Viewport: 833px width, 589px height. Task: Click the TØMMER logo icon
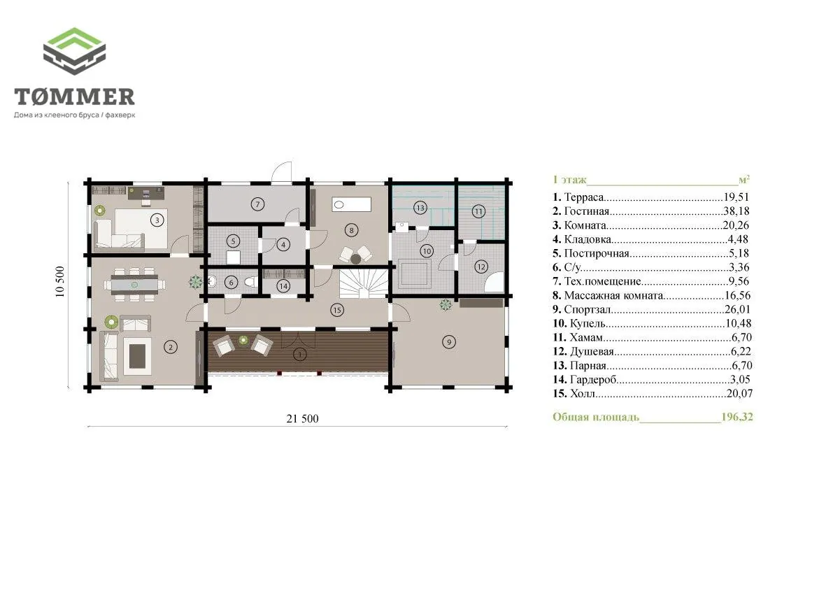coord(74,51)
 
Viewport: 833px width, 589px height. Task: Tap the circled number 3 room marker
coord(157,220)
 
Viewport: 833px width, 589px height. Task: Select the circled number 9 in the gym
coord(449,342)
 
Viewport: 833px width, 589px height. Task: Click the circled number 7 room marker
coord(257,204)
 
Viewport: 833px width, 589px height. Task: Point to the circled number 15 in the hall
coord(337,310)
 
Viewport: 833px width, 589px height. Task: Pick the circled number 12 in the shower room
coord(481,267)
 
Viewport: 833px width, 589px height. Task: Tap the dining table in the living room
coord(134,285)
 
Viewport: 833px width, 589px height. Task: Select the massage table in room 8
coord(351,204)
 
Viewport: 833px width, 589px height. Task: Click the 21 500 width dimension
coord(302,418)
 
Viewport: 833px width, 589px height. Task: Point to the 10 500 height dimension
coord(59,281)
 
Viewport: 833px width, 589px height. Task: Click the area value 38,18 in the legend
coord(736,211)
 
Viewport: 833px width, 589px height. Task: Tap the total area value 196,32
coord(737,416)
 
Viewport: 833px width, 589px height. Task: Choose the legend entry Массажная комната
coord(613,295)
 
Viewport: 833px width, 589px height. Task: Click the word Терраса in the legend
coord(584,197)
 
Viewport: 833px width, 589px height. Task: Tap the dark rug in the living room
coord(137,355)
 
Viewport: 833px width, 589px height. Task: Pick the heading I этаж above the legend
coord(569,180)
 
